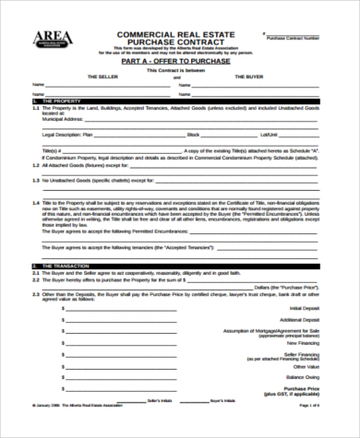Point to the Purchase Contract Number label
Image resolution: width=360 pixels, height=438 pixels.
pyautogui.click(x=294, y=38)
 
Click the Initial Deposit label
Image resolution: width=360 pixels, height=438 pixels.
pyautogui.click(x=306, y=307)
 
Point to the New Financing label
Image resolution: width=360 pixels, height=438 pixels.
pyautogui.click(x=306, y=344)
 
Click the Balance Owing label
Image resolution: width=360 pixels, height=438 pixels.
pyautogui.click(x=304, y=378)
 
